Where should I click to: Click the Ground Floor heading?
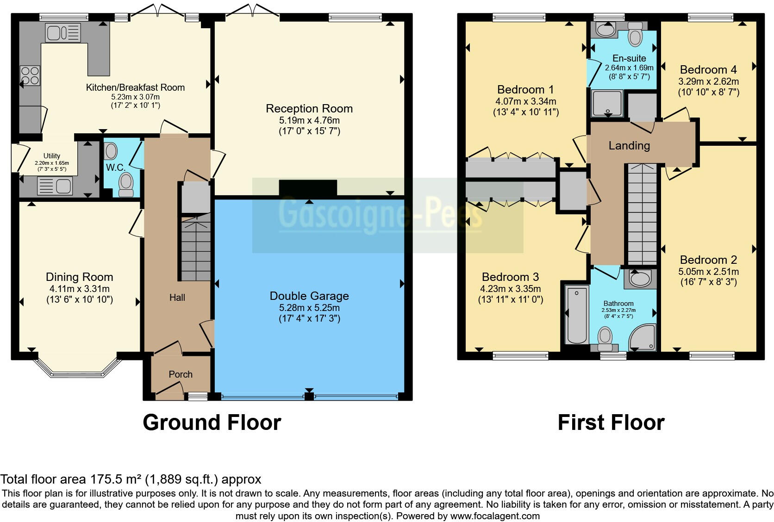(x=212, y=423)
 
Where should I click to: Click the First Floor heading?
(x=611, y=423)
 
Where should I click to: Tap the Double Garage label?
(x=309, y=296)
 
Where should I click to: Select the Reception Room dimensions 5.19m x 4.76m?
(x=309, y=120)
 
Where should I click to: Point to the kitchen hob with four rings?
(x=30, y=75)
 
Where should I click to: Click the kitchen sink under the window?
(x=63, y=33)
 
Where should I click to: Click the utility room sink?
(x=55, y=186)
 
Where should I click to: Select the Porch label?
(x=181, y=374)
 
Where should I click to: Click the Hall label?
(x=177, y=298)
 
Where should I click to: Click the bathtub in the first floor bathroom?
(x=577, y=315)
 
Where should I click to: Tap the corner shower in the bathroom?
(x=643, y=337)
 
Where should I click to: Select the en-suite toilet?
(x=635, y=34)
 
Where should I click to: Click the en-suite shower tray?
(x=607, y=103)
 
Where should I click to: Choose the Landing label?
(x=629, y=145)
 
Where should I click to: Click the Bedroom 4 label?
(x=708, y=70)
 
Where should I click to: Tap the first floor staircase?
(x=642, y=214)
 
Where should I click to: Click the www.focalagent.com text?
(x=495, y=516)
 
